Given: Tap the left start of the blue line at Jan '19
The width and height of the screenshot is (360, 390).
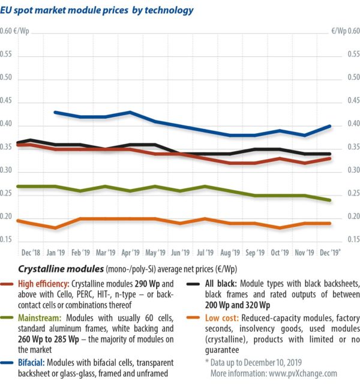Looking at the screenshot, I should [55, 112].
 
